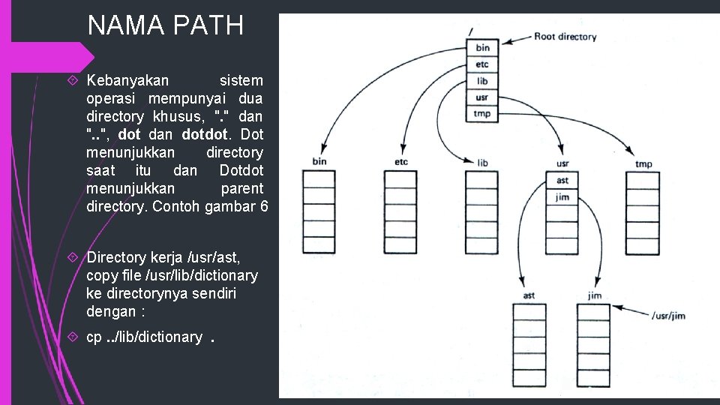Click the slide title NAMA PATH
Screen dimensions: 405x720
tap(165, 25)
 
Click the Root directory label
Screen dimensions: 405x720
tap(565, 36)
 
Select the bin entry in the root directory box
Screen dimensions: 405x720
tap(481, 49)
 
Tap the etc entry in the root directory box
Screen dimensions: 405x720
tap(481, 64)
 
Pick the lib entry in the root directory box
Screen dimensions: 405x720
tap(481, 81)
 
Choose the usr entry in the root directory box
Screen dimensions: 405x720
tap(481, 97)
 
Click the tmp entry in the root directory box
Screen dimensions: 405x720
tap(481, 114)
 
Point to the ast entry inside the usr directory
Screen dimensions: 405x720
tap(562, 180)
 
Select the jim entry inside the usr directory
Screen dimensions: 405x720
tap(562, 196)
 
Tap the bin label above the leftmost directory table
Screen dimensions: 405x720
tap(319, 162)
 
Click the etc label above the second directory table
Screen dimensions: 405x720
tap(401, 162)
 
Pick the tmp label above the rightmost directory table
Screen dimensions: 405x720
tap(643, 163)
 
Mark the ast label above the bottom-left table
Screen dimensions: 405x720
tap(529, 295)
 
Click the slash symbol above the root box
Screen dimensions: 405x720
tap(470, 31)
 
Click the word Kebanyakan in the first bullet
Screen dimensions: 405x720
tap(127, 80)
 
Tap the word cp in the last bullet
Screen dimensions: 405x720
tap(94, 337)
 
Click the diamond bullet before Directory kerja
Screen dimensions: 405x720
tap(73, 257)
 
